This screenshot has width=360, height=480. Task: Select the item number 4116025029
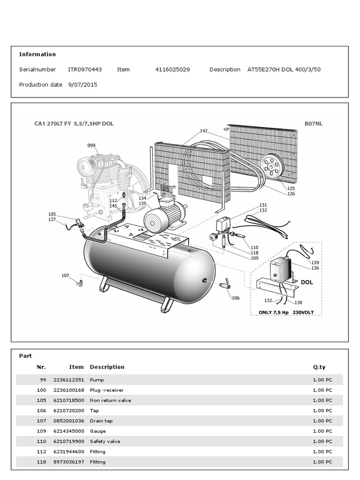pyautogui.click(x=172, y=69)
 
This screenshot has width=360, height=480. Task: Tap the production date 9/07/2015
pyautogui.click(x=83, y=85)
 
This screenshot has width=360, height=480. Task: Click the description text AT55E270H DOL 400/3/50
pyautogui.click(x=284, y=69)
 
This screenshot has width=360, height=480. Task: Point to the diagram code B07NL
pyautogui.click(x=314, y=124)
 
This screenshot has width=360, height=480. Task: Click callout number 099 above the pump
pyautogui.click(x=91, y=146)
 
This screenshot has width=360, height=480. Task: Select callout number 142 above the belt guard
pyautogui.click(x=203, y=131)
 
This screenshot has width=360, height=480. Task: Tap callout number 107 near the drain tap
pyautogui.click(x=65, y=276)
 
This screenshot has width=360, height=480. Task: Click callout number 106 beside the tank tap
pyautogui.click(x=235, y=298)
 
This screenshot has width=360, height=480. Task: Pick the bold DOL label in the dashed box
pyautogui.click(x=307, y=283)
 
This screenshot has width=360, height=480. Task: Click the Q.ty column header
pyautogui.click(x=319, y=367)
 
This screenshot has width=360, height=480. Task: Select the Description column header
pyautogui.click(x=107, y=367)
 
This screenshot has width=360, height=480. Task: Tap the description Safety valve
pyautogui.click(x=105, y=442)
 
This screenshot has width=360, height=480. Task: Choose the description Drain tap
pyautogui.click(x=101, y=421)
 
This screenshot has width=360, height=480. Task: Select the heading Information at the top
pyautogui.click(x=37, y=54)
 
